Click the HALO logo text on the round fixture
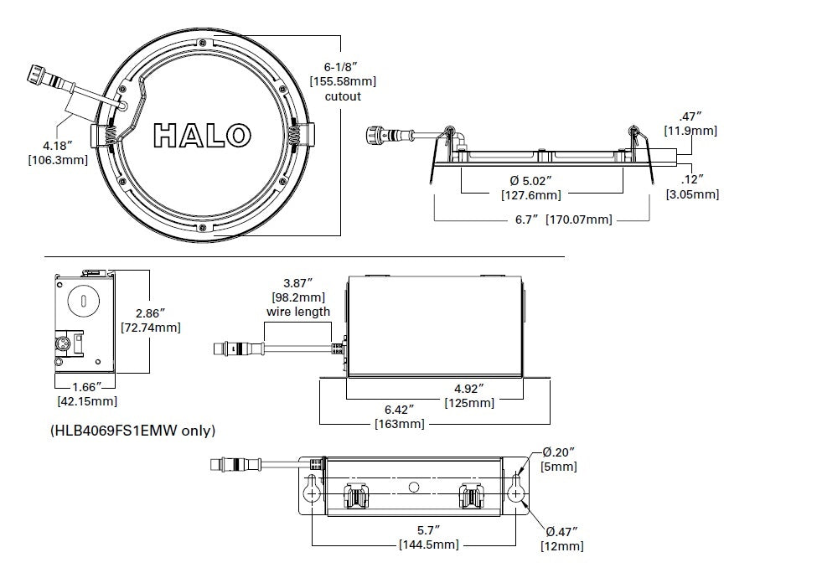click(203, 134)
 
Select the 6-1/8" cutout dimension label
click(343, 81)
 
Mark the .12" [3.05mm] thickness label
click(691, 187)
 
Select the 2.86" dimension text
click(151, 319)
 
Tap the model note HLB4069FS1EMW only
click(133, 431)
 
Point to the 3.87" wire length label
click(298, 298)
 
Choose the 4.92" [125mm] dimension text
click(469, 395)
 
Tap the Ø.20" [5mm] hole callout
click(558, 459)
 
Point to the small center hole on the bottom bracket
click(412, 487)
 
